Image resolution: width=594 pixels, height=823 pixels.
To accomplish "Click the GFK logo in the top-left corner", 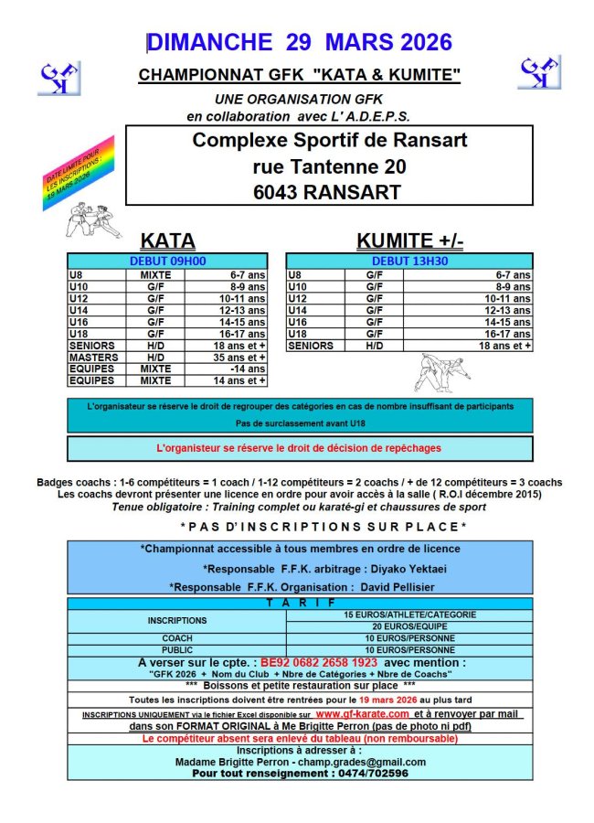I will [x=58, y=78].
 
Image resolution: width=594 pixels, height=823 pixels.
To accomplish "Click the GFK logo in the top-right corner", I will [x=539, y=71].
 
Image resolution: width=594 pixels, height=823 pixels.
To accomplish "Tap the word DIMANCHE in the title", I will [x=210, y=42].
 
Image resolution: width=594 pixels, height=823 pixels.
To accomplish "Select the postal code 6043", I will [x=281, y=191].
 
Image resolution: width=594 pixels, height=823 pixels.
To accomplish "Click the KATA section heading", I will [x=167, y=240].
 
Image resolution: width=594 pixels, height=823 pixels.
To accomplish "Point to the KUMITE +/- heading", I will [x=409, y=240].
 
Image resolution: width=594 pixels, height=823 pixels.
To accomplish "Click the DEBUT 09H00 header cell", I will [x=167, y=261].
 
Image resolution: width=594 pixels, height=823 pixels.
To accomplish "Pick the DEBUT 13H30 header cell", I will [x=409, y=261].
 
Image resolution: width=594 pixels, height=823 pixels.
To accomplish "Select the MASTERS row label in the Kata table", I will [x=94, y=358].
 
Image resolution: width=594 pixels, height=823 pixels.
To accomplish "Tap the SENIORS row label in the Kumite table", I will [x=311, y=347].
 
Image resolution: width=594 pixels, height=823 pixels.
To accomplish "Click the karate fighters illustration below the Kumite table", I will [x=443, y=370].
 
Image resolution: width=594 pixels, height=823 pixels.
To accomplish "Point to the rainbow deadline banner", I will [x=79, y=174].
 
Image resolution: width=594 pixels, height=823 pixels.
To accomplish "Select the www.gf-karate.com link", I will [x=363, y=713].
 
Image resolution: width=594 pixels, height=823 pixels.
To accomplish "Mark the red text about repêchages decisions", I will [x=299, y=448].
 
